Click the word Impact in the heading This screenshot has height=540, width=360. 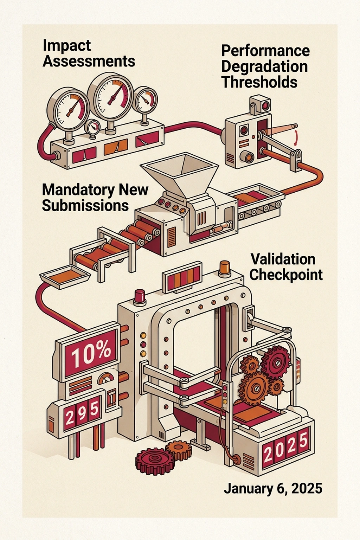coord(67,46)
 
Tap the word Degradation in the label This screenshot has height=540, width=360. coord(265,66)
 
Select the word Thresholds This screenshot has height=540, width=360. coord(259,82)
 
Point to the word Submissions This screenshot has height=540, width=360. coord(85,206)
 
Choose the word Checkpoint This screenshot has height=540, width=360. coord(286,275)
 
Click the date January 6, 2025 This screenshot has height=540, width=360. coord(273,489)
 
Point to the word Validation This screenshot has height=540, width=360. coord(283,259)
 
